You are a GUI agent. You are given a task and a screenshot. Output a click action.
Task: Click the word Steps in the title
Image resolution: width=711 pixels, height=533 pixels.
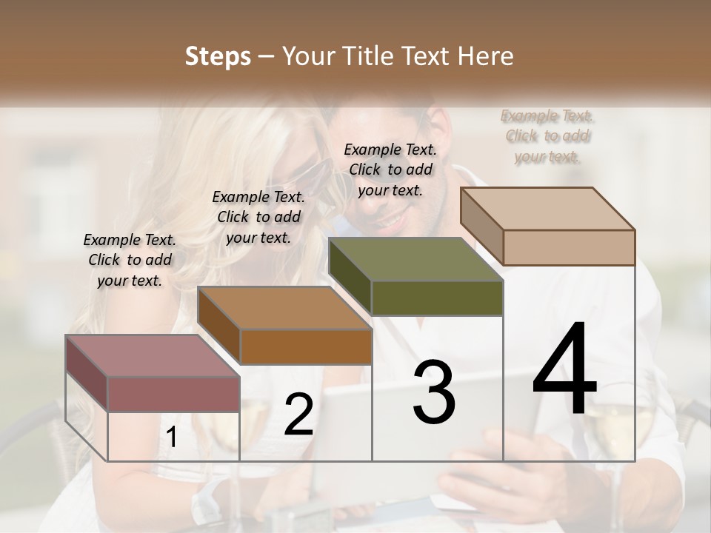pos(217,56)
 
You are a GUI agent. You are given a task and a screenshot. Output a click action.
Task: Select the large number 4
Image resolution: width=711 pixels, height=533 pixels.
pos(565,369)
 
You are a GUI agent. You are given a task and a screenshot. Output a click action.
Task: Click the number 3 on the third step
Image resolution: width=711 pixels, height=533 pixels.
pos(434,392)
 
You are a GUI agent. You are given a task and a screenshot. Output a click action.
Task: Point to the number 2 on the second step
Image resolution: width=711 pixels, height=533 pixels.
pos(298,415)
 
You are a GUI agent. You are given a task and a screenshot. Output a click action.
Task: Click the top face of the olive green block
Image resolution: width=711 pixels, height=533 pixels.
pos(415,260)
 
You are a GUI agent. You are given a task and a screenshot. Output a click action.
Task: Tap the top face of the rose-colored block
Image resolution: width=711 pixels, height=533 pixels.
pos(152,355)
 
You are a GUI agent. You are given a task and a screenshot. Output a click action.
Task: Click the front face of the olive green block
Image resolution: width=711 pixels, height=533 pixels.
pos(437,298)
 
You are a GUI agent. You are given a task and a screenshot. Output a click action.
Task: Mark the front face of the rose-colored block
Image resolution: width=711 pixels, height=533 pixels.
pos(173,394)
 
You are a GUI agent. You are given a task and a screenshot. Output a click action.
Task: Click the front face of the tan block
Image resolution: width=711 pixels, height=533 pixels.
pos(569,247)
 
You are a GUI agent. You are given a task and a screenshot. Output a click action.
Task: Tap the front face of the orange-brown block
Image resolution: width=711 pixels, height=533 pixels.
pos(305,346)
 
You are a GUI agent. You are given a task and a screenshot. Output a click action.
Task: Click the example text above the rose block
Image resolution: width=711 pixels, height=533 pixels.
pos(130,260)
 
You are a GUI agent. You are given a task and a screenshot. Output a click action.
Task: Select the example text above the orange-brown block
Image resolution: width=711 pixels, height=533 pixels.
pos(258,217)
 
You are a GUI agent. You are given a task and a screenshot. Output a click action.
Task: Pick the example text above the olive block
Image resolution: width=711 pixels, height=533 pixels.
pos(390,170)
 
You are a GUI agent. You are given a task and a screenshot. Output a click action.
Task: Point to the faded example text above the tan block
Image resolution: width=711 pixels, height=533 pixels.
pos(547,136)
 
